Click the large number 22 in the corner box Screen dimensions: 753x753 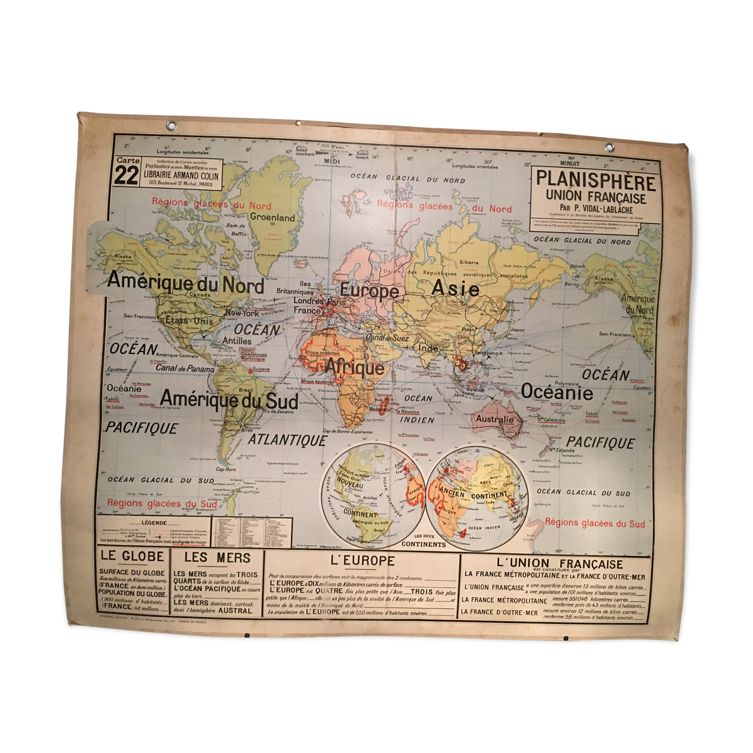point(126,175)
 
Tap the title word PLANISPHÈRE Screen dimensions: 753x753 point(595,181)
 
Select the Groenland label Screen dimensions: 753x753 point(272,217)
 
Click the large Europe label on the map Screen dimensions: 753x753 point(369,291)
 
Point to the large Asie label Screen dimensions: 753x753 point(455,288)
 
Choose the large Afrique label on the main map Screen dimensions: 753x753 point(355,367)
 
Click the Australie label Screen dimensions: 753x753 point(495,419)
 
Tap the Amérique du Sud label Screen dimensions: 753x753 point(229,399)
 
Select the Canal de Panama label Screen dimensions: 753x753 point(185,368)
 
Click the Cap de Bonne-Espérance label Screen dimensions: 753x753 point(347,432)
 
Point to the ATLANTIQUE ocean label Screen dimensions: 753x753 point(287,440)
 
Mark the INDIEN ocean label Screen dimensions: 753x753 point(417,420)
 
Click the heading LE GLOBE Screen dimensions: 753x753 point(132,557)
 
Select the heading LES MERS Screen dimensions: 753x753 point(217,558)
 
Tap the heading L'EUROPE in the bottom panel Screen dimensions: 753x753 point(362,561)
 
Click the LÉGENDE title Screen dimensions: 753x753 point(154,523)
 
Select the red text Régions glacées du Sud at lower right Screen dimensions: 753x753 point(595,523)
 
